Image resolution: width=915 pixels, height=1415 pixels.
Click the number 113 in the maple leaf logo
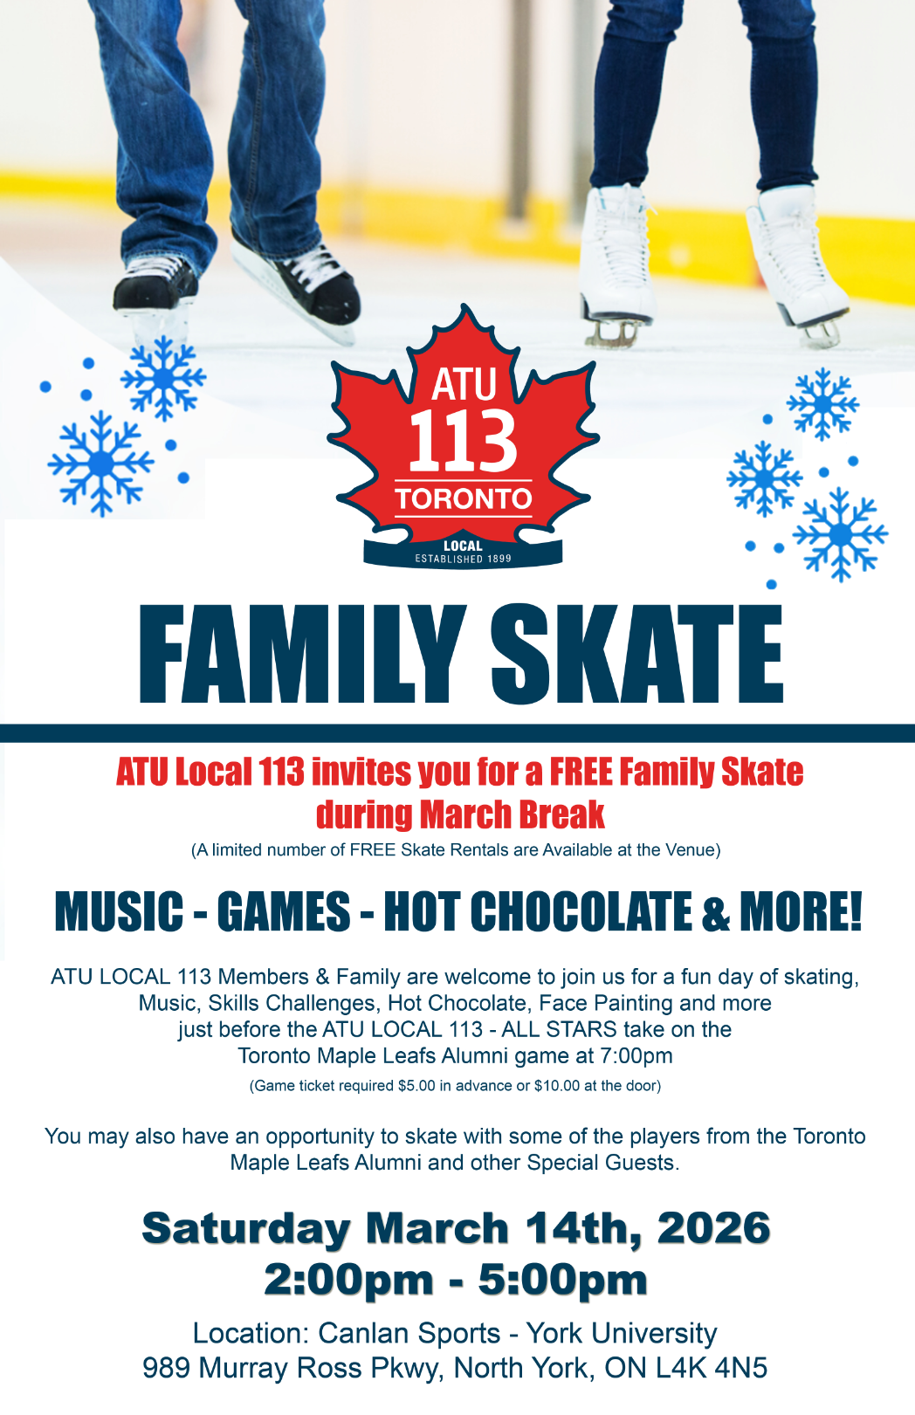[x=464, y=440]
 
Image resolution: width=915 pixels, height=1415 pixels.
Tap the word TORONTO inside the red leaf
[x=464, y=499]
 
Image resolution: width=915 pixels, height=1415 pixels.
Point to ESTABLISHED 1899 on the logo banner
[x=464, y=559]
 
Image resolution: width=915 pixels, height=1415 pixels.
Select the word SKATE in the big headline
[x=637, y=654]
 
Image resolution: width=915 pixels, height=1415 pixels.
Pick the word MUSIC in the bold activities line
[x=119, y=911]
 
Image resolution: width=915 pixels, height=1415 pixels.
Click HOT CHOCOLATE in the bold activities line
[x=538, y=911]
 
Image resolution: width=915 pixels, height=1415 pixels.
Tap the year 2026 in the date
[x=713, y=1228]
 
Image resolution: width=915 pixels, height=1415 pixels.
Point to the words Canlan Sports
[x=409, y=1334]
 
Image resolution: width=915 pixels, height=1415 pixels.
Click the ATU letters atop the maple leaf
[x=464, y=384]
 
